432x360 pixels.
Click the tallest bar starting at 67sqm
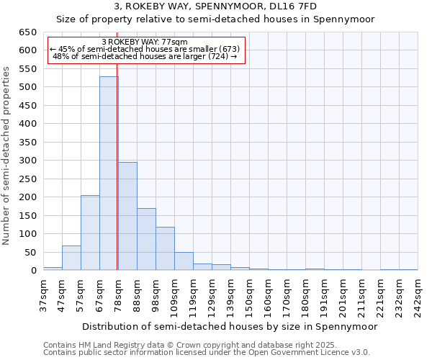[x=109, y=174]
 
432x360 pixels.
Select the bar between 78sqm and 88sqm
[x=127, y=216]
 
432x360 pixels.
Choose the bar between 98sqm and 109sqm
[x=165, y=248]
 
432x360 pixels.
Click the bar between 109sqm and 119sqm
[x=184, y=261]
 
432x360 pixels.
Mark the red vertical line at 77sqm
[x=117, y=166]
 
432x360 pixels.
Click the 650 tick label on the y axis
[x=27, y=32]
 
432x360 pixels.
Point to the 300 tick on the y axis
[x=27, y=161]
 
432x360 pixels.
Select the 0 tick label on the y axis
[x=33, y=271]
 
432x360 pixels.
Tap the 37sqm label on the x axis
[x=43, y=294]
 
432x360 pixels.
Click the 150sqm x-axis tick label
[x=249, y=295]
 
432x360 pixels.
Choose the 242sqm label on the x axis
[x=418, y=295]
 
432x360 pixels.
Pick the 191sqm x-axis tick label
[x=324, y=295]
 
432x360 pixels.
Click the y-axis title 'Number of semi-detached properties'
[x=7, y=155]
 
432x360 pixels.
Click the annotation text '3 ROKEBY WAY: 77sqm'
[x=145, y=42]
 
